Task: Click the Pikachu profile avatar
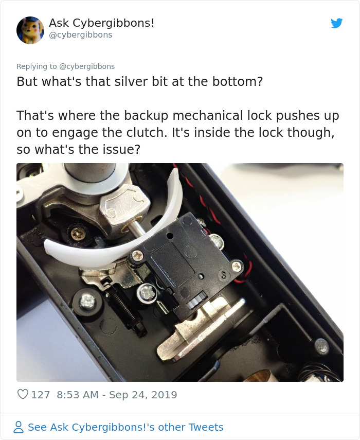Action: point(30,30)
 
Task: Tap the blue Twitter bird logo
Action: point(336,23)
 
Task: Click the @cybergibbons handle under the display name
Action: point(80,35)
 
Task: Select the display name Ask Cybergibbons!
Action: point(101,23)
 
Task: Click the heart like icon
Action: point(23,395)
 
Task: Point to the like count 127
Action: point(41,395)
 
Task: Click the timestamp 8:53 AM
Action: point(78,395)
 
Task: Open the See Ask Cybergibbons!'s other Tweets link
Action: point(125,427)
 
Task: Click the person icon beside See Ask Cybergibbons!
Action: point(19,427)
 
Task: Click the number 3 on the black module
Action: point(224,275)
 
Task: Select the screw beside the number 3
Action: point(237,266)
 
